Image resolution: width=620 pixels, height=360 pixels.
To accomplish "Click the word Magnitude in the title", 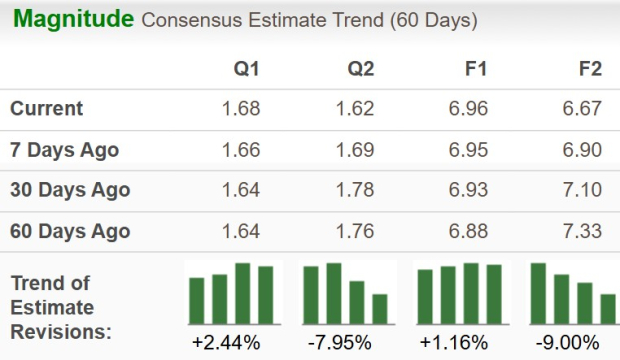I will click(73, 19).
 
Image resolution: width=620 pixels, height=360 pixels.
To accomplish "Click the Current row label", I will click(47, 109).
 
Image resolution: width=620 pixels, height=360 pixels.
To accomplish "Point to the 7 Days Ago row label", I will click(65, 150).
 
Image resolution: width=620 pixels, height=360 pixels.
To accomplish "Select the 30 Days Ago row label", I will click(70, 190).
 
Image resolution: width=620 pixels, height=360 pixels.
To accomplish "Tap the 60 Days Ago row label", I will click(70, 231).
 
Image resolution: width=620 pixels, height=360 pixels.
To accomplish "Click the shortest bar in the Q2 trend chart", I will click(380, 309).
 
